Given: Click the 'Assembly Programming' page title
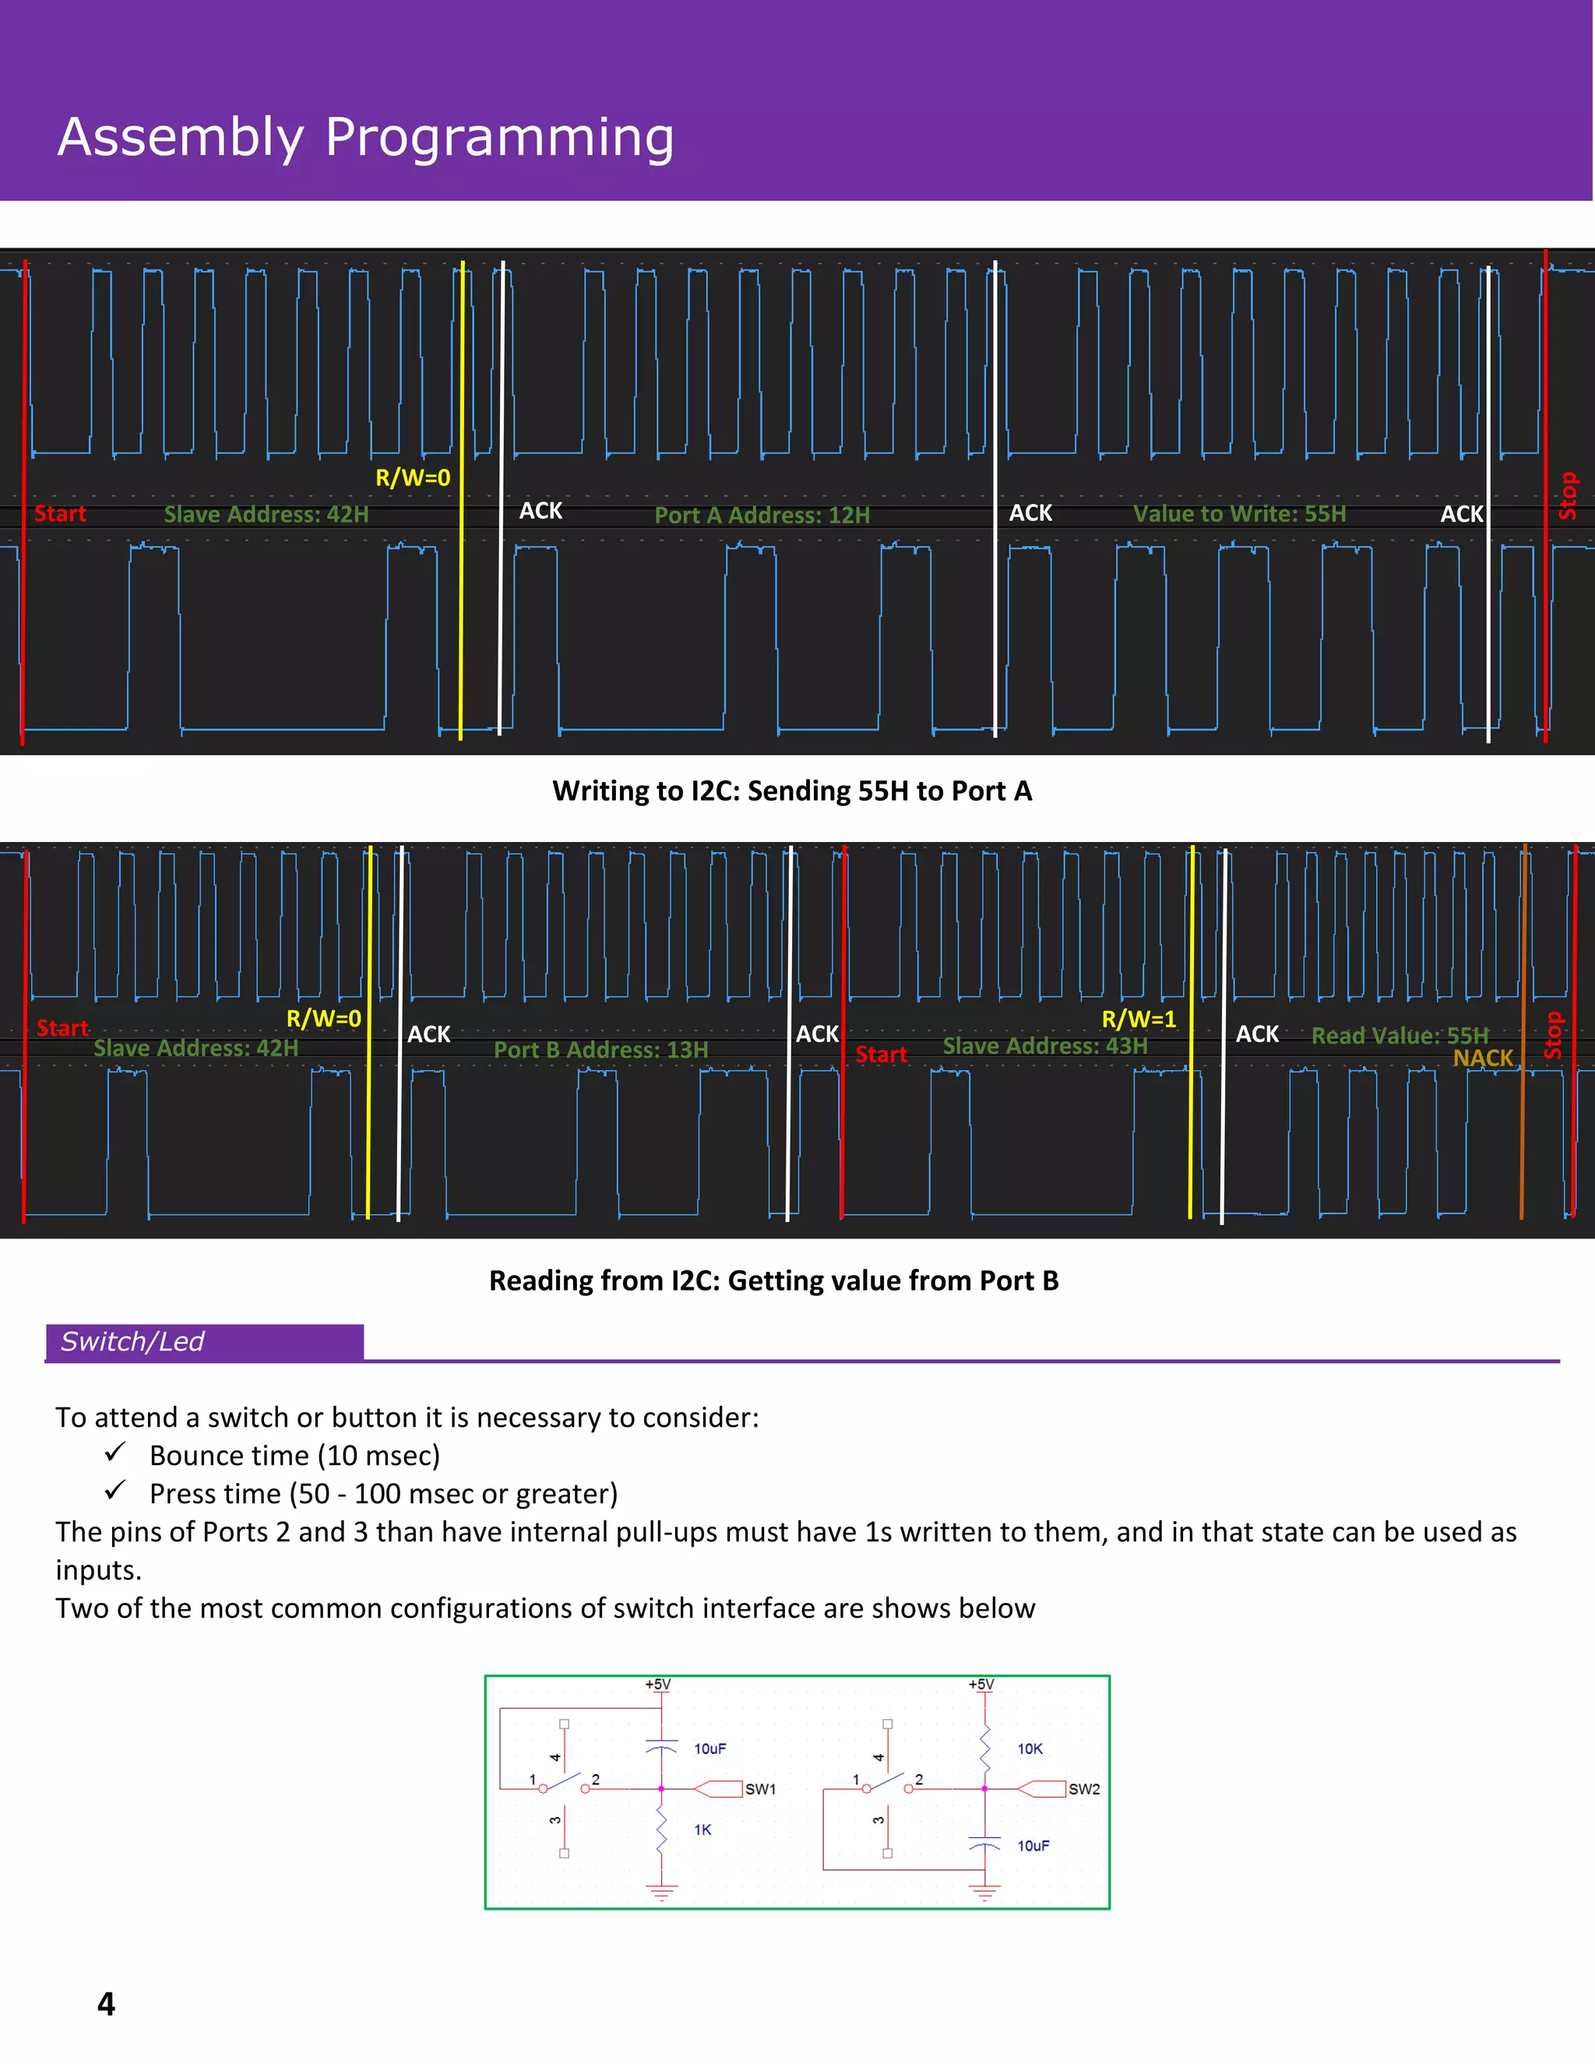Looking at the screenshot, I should pyautogui.click(x=366, y=137).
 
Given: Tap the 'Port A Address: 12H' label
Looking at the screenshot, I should pyautogui.click(x=762, y=515).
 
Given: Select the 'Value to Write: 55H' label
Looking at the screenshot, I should pyautogui.click(x=1239, y=514).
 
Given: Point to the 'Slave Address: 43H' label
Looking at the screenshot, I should pyautogui.click(x=1044, y=1046).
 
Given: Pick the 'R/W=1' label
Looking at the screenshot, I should pyautogui.click(x=1139, y=1020).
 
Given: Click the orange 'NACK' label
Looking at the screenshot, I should pyautogui.click(x=1483, y=1058).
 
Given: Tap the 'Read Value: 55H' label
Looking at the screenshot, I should pyautogui.click(x=1399, y=1036).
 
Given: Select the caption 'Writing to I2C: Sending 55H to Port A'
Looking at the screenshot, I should pyautogui.click(x=792, y=791).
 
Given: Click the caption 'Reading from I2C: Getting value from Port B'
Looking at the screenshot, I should pyautogui.click(x=773, y=1280).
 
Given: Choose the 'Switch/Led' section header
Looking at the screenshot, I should pyautogui.click(x=132, y=1342).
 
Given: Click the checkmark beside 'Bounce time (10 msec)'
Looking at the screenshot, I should pyautogui.click(x=115, y=1452).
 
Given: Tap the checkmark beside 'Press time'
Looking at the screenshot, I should pyautogui.click(x=115, y=1490).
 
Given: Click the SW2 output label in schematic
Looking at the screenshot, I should pyautogui.click(x=1084, y=1789).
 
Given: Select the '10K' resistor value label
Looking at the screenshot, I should pyautogui.click(x=1030, y=1749).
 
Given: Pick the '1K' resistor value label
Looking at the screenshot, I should pyautogui.click(x=702, y=1830).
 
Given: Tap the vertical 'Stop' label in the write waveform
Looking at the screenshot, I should pyautogui.click(x=1568, y=495).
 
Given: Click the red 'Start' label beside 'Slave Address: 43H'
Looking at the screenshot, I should pyautogui.click(x=881, y=1055).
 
